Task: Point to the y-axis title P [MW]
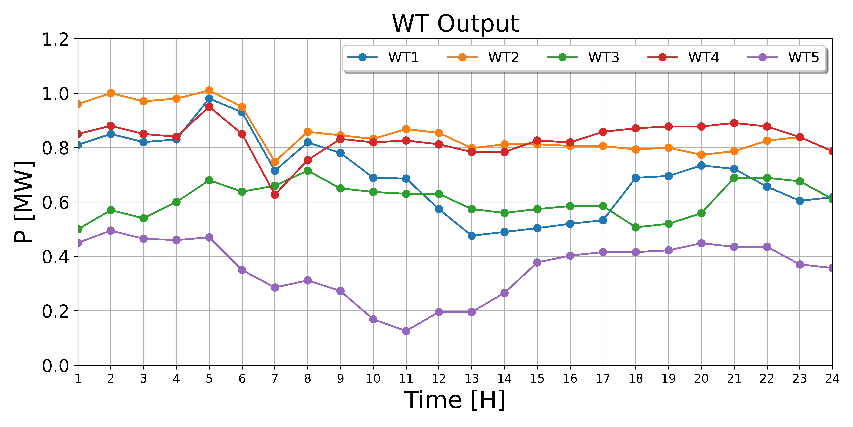point(24,202)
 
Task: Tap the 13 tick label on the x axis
point(472,378)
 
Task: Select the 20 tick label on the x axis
point(701,378)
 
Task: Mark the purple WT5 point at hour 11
point(406,331)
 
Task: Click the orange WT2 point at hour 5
point(209,91)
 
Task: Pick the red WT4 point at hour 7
point(274,195)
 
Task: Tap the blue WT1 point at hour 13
point(472,236)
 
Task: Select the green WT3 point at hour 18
point(635,227)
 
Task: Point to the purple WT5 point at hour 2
point(111,230)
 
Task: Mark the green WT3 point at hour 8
point(307,171)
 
